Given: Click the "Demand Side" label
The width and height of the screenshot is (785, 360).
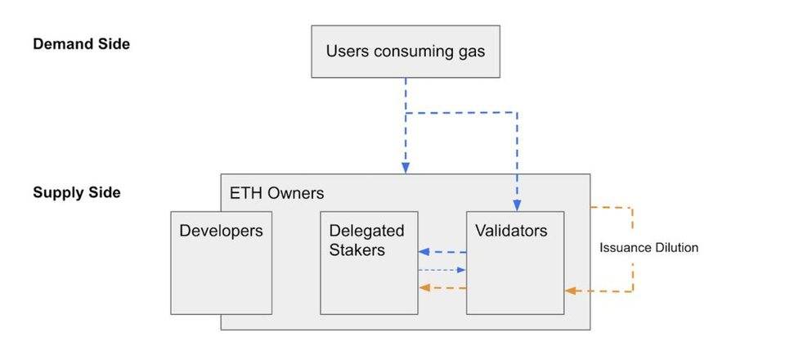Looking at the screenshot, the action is point(81,44).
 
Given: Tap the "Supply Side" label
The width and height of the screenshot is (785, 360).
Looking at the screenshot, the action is point(77,193).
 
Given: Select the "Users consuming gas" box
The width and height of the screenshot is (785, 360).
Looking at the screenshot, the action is point(406,52).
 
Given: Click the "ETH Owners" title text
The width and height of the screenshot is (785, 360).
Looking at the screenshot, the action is point(277,193).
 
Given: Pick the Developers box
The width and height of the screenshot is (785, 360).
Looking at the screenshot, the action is point(222,263).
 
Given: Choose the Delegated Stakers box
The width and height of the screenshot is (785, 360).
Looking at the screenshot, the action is point(369,263).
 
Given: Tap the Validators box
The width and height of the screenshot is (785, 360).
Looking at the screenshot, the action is point(515,263).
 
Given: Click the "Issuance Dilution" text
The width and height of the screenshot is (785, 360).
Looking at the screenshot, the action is point(648,247).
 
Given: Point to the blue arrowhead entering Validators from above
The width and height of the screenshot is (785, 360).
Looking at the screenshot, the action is point(517,205).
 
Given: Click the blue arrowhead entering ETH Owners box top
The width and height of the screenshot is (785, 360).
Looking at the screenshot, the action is point(406,169).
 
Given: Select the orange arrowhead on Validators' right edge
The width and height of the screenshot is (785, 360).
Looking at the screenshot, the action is point(570,291).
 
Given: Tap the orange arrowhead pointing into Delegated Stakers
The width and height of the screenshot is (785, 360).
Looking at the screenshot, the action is point(424,288).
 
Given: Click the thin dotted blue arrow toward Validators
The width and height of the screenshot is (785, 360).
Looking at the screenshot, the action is point(442,270).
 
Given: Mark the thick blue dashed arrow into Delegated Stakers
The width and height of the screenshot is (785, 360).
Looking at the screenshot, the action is point(442,252).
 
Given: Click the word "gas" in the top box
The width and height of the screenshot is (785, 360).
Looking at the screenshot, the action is point(471,52).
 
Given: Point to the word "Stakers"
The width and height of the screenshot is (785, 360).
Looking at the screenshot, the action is point(357,250).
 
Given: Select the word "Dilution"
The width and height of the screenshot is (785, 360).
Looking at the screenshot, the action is point(675,247).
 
